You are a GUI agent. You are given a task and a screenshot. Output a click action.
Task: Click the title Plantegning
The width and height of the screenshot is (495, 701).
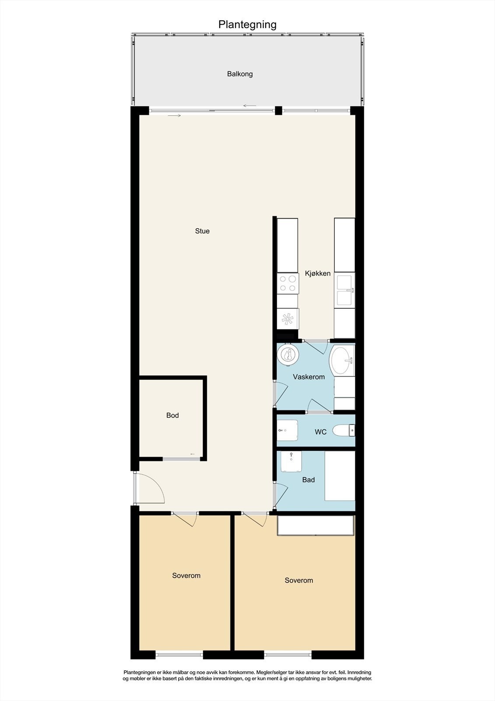[247, 25]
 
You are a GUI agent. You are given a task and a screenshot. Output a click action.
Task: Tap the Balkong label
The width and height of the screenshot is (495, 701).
[240, 74]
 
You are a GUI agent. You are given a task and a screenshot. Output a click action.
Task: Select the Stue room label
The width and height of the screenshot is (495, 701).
[202, 231]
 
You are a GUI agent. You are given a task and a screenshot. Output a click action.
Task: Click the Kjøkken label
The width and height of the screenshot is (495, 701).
[318, 273]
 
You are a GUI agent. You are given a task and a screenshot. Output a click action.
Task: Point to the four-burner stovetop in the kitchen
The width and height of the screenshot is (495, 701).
[288, 283]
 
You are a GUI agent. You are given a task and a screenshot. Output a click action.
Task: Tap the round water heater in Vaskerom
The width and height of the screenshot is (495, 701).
[288, 354]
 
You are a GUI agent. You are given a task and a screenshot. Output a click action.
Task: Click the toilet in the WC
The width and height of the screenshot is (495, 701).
[344, 431]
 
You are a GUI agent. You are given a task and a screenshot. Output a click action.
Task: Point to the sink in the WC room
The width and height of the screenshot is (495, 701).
[287, 430]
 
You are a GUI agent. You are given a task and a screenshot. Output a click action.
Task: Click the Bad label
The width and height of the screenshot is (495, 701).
[309, 480]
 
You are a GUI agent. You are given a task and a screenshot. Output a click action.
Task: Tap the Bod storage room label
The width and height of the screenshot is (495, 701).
[172, 415]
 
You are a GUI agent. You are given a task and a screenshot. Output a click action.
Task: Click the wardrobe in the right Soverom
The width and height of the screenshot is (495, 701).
[315, 525]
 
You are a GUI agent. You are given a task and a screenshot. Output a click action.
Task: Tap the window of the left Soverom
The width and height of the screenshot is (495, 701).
[179, 655]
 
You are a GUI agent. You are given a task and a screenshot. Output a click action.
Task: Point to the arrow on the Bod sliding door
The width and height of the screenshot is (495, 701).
[193, 454]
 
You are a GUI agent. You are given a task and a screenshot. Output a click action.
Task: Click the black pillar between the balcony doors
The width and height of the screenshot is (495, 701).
[278, 110]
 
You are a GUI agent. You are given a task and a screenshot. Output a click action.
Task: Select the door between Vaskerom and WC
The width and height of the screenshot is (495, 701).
[319, 407]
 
